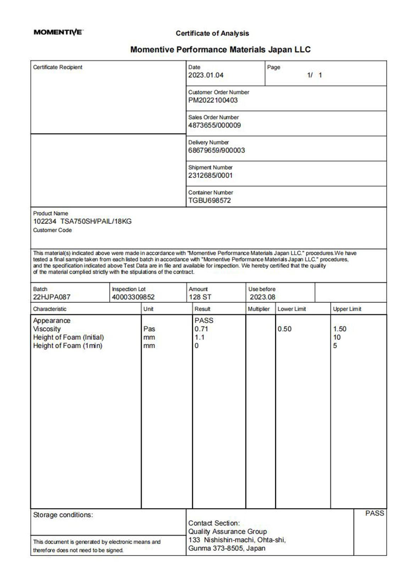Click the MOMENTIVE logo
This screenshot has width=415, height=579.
(58, 32)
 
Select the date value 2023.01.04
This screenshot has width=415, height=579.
(206, 75)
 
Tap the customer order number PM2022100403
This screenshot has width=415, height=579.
(213, 100)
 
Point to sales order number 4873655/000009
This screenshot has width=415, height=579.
(214, 125)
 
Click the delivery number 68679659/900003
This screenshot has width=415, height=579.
(216, 150)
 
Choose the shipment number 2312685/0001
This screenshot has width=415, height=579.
(210, 176)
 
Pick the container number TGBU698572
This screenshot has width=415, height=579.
(209, 200)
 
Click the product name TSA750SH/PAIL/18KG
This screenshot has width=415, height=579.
(96, 222)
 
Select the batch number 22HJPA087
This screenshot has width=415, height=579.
(52, 297)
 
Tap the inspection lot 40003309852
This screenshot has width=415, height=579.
(133, 297)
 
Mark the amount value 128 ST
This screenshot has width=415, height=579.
(200, 297)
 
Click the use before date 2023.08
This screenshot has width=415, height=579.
(262, 297)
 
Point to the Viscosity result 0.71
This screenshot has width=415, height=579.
(201, 329)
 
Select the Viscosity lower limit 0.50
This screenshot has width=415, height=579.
(284, 329)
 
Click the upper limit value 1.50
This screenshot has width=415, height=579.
(339, 329)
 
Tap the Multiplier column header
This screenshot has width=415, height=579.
(259, 309)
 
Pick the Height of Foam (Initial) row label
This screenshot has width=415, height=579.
(68, 338)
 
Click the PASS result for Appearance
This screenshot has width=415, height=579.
(204, 321)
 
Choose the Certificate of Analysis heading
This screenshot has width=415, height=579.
(212, 33)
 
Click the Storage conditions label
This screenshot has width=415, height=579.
(63, 515)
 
